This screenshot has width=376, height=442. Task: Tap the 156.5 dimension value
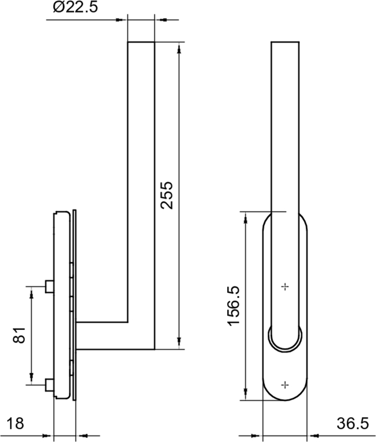234,305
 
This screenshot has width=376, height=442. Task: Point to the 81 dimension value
19,335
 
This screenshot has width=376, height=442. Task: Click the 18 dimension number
16,424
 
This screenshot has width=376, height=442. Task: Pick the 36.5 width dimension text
352,424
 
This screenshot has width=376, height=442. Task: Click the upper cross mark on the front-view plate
285,287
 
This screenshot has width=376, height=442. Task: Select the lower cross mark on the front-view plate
285,384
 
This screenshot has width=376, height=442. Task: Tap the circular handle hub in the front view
285,338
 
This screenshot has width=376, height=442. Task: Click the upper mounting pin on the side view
49,286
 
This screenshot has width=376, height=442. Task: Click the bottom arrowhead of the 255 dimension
179,344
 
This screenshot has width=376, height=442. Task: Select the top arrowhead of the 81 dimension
32,292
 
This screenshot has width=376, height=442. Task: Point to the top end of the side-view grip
141,43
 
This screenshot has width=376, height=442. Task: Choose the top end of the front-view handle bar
285,43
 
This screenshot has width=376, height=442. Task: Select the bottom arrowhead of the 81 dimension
32,378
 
